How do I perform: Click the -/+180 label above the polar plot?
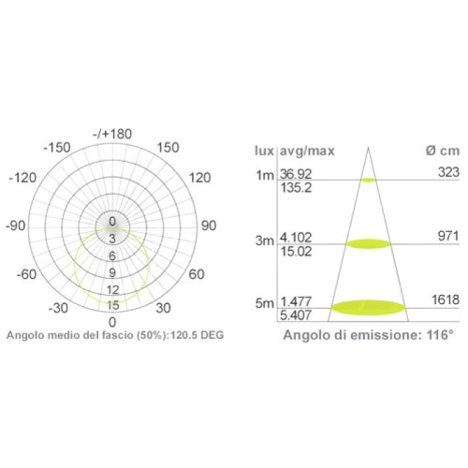point(113,135)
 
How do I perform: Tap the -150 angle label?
point(58,147)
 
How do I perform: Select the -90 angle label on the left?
point(15,226)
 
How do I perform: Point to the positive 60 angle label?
point(197,274)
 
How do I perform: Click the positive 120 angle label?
point(200,178)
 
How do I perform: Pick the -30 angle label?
point(58,308)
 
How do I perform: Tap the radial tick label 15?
point(112,305)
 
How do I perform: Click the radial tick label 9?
point(112,272)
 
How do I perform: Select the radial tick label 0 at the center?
point(112,223)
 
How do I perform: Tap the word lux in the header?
point(264,150)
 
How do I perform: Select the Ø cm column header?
point(438,150)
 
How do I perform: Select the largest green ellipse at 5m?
point(369,306)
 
